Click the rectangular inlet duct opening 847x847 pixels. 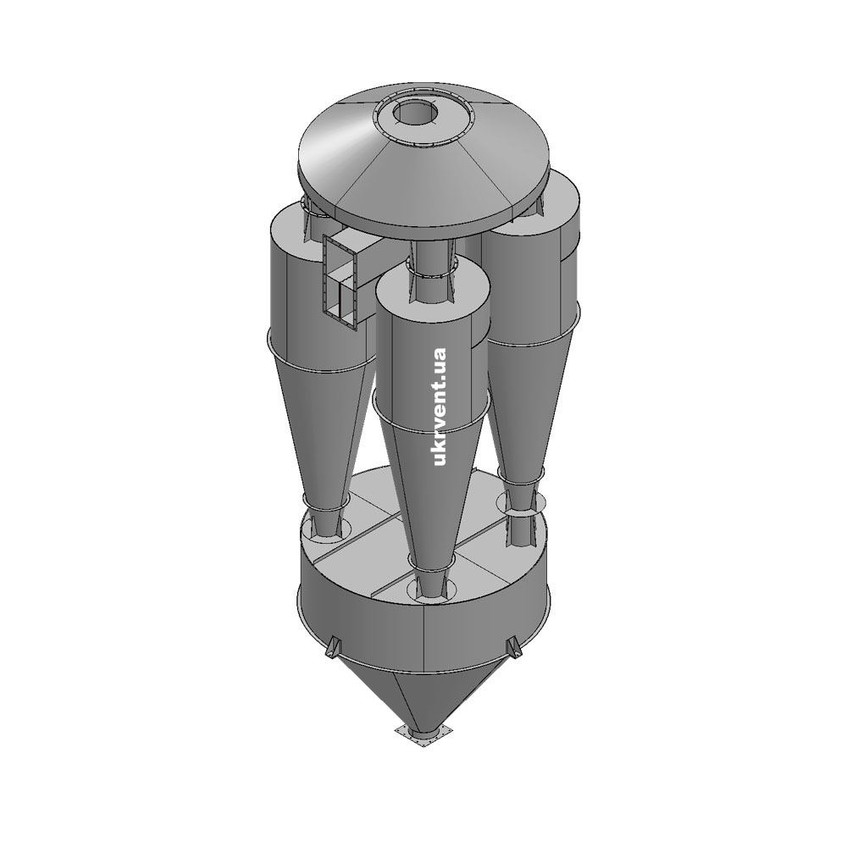click(x=340, y=281)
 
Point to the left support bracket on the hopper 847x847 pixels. click(x=332, y=647)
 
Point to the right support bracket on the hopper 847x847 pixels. click(x=514, y=647)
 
